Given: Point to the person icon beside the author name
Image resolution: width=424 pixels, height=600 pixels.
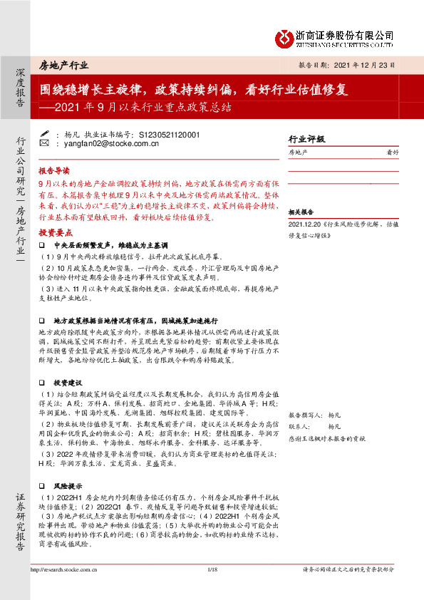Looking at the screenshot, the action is (44, 133).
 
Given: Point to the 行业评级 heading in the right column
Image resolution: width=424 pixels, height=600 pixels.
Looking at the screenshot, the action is (306, 139).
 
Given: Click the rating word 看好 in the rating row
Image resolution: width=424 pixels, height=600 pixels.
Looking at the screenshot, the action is (392, 152).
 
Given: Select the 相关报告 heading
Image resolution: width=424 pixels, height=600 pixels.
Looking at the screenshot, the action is (301, 212).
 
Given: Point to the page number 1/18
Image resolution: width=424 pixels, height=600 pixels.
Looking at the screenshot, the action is (212, 589).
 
